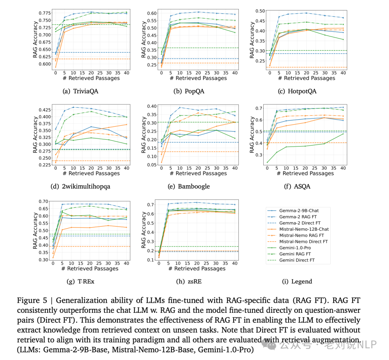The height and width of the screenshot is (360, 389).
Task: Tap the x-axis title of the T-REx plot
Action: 90,268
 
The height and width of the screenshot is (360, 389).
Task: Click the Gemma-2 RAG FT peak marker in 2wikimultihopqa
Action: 73,107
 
